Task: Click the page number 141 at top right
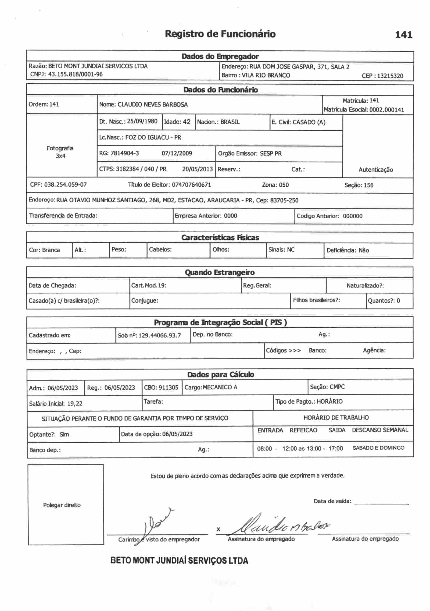403,35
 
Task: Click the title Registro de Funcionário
220,34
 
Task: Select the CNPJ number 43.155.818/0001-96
75,74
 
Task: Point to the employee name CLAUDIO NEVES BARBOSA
153,105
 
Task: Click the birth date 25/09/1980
142,121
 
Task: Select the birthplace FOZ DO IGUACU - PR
153,137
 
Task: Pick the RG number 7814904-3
125,153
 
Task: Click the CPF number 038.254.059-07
65,184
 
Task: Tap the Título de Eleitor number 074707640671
191,185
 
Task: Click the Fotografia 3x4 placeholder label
60,152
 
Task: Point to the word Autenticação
375,170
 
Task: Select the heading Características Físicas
220,237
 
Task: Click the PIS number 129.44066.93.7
160,335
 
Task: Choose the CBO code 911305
169,387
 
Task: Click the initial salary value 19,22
75,403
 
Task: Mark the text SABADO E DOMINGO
378,448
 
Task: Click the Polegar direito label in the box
62,505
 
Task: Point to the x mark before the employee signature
218,529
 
